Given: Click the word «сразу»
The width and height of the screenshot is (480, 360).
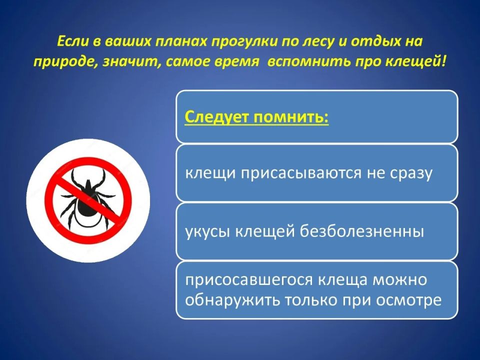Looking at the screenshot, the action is (x=411, y=174).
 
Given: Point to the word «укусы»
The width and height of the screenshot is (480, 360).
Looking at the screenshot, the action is (x=207, y=231).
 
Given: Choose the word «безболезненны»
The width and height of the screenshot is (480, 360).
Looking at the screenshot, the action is (x=362, y=231).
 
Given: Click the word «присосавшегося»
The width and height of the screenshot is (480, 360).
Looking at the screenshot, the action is (x=249, y=280).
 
